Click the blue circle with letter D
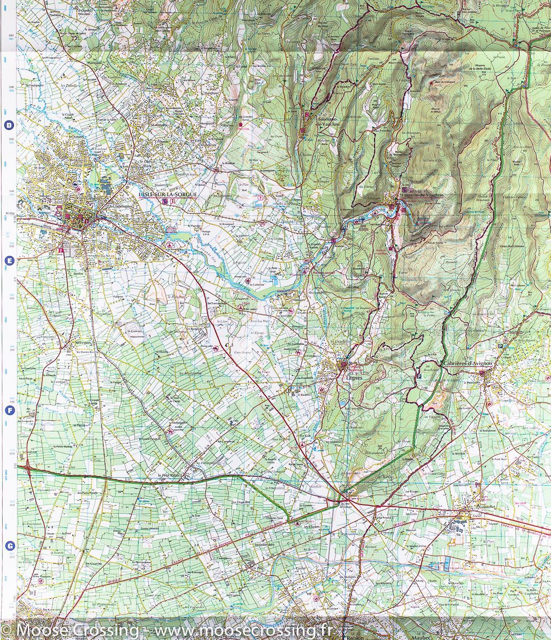9,126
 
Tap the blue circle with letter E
9,261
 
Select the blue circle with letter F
9,410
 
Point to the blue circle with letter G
9,546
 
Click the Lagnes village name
354,377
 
